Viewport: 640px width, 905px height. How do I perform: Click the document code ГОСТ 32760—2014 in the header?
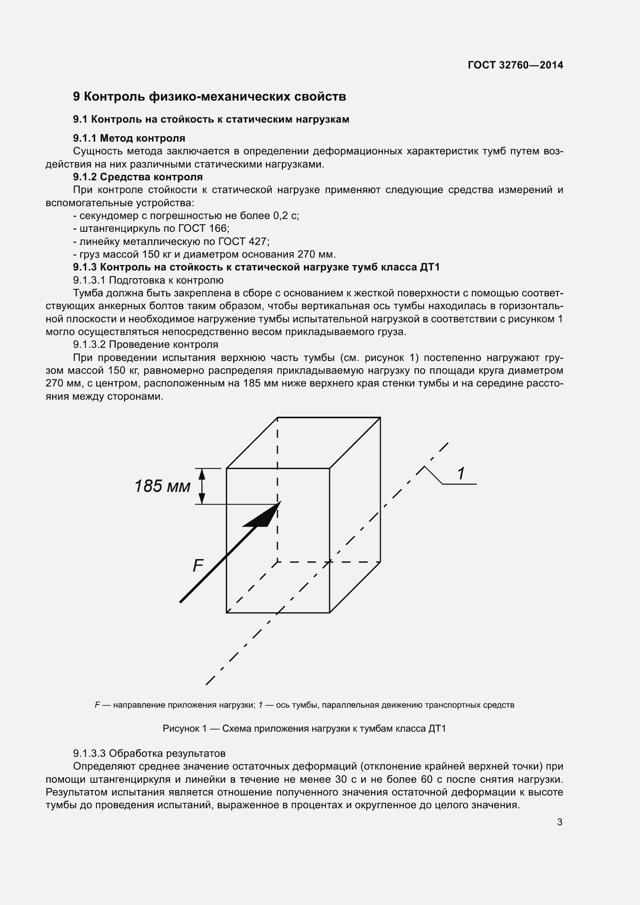pos(515,65)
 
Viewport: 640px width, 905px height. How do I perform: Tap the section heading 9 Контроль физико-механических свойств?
pos(209,97)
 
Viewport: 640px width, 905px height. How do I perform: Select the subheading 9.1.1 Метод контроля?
pos(129,138)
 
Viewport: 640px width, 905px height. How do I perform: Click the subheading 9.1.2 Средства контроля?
pos(137,176)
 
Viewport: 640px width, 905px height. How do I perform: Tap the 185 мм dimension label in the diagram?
pos(163,486)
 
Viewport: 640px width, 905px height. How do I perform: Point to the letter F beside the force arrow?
pos(198,566)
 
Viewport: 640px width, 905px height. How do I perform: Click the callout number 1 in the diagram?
pos(460,473)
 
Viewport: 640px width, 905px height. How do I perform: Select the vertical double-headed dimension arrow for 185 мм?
pos(202,486)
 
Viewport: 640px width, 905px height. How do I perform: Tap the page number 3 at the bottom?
pos(560,822)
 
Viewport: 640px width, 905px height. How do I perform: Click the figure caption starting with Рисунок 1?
pos(304,729)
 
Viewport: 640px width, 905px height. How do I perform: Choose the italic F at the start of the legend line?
pos(97,705)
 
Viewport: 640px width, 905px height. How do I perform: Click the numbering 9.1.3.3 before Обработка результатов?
pos(89,754)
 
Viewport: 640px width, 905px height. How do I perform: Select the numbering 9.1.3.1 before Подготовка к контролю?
pos(89,280)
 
